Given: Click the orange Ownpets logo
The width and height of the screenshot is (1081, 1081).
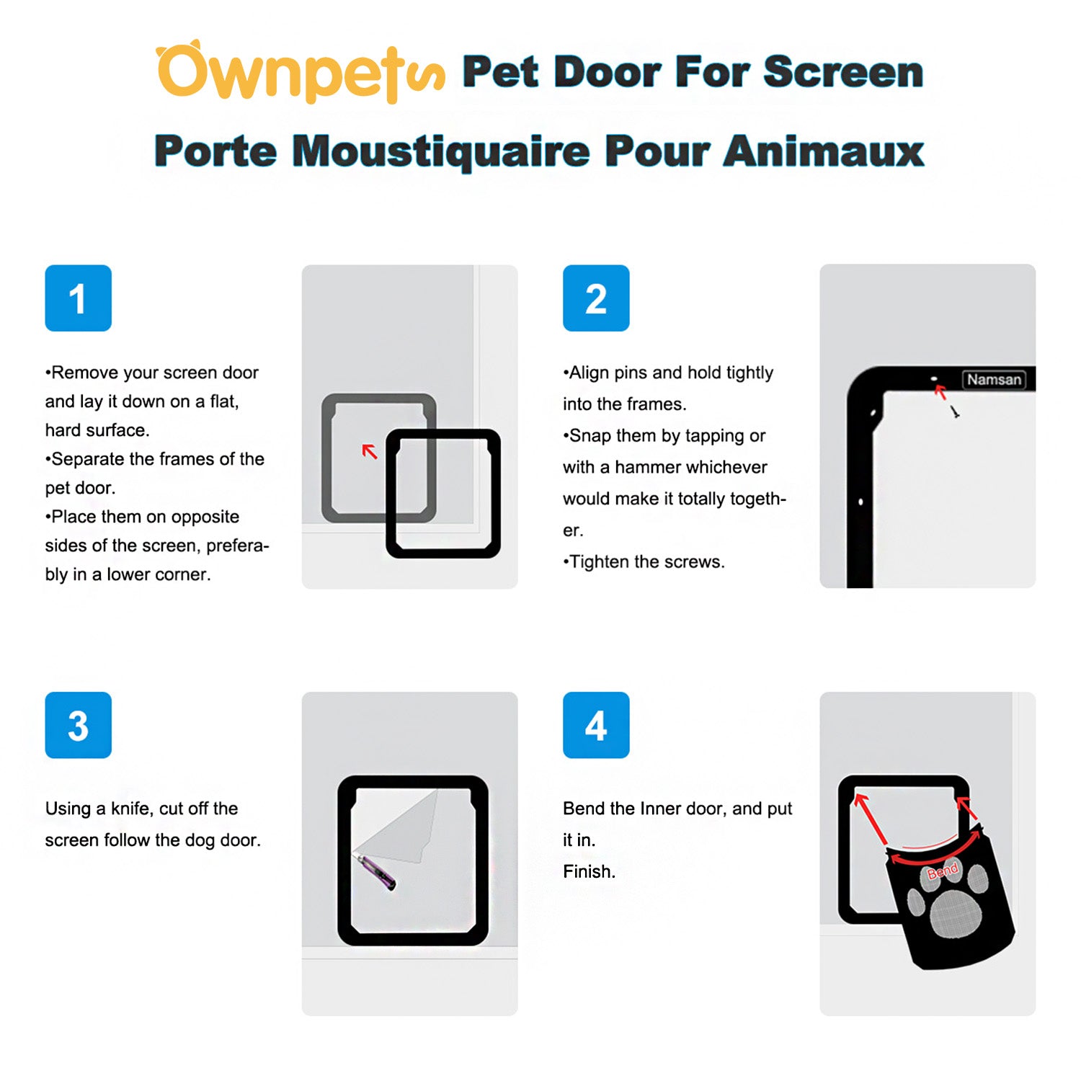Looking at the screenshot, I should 299,72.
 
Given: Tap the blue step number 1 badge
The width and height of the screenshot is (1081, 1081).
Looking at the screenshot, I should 78,298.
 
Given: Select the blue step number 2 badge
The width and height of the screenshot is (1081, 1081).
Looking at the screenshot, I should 596,298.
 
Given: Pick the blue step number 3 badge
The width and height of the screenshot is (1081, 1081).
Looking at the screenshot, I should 78,725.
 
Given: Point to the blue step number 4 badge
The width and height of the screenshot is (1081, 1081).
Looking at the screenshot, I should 596,725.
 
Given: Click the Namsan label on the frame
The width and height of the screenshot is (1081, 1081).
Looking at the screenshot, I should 994,380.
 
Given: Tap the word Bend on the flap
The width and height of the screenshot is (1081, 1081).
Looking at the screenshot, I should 943,871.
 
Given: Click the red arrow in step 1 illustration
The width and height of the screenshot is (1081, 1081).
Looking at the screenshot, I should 370,451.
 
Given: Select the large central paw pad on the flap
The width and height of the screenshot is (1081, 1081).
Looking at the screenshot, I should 956,914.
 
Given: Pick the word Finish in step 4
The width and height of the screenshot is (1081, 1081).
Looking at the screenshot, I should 588,872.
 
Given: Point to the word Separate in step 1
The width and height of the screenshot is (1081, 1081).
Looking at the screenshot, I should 87,459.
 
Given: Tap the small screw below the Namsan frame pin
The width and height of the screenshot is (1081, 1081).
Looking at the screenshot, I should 955,412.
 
